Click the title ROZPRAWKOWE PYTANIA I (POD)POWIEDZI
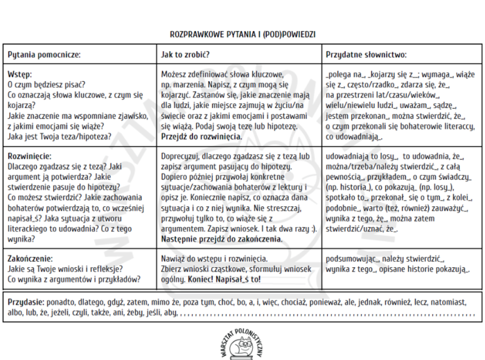(242, 33)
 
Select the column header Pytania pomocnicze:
(44, 54)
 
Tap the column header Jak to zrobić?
(185, 54)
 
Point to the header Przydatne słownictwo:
(366, 54)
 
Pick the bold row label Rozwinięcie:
(29, 156)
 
